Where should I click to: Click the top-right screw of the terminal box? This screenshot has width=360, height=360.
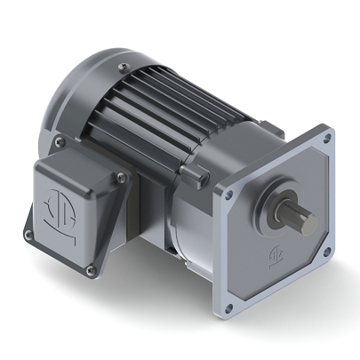[119, 181]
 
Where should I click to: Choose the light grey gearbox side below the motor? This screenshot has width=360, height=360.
[191, 222]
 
